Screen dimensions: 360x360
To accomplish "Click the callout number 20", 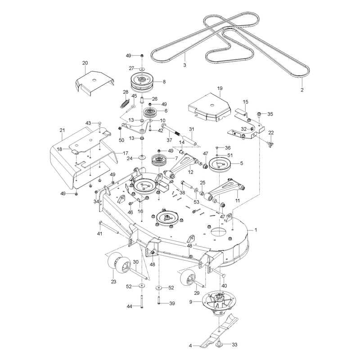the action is click(85, 63).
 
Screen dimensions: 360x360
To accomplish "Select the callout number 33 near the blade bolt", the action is click(234, 345).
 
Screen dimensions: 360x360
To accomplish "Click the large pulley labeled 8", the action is click(142, 81).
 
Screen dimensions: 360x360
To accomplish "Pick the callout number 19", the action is click(220, 88).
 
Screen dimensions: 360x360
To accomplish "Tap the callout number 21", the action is click(62, 130).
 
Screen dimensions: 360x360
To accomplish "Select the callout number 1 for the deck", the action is click(256, 230).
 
